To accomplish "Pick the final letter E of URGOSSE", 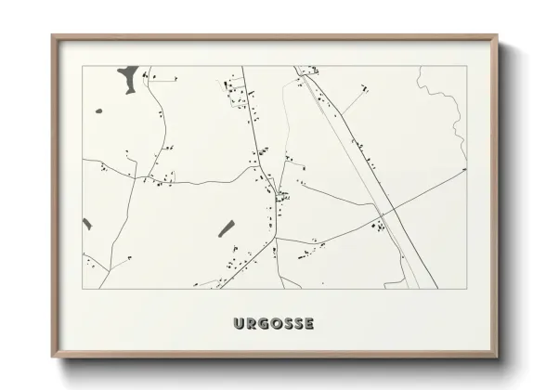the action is pos(308,324).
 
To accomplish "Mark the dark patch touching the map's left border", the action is pos(87,224).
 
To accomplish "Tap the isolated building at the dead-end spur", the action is pos(365,88).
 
